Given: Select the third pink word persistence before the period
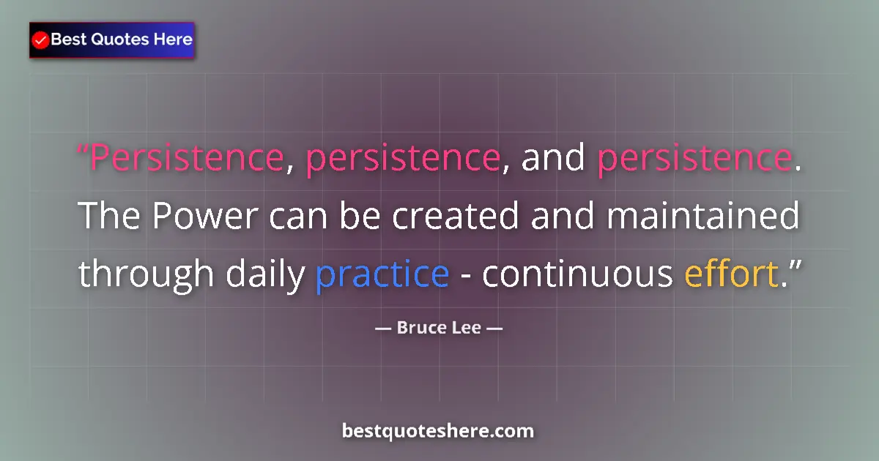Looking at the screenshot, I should [x=694, y=159].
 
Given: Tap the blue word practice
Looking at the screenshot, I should [x=382, y=274].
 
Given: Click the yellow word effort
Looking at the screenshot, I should [x=730, y=274].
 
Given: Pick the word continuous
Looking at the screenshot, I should [x=577, y=274].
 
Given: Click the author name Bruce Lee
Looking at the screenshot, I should [x=439, y=328].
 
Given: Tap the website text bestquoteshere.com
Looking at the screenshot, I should [x=438, y=431].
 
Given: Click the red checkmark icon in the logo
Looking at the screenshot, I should [x=41, y=40].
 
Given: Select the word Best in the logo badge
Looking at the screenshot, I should [x=67, y=40].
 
